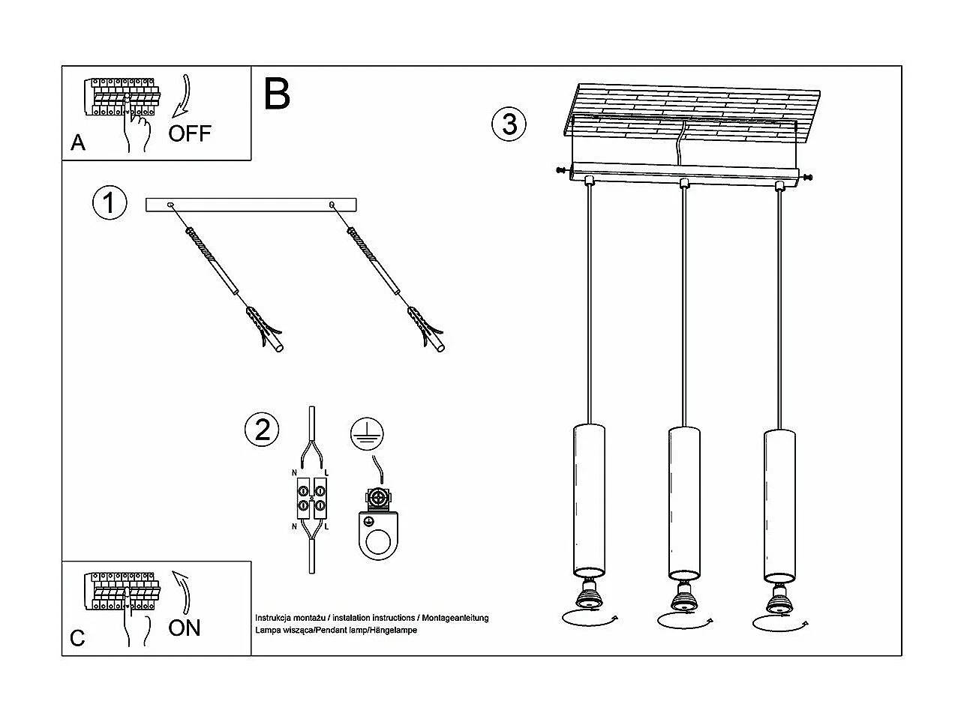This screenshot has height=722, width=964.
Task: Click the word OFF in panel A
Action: coord(190,133)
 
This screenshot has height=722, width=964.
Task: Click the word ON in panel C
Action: coord(185,627)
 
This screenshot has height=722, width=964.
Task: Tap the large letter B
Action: coord(277,94)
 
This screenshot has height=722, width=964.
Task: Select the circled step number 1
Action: coord(110,203)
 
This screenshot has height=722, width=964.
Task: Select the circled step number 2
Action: coord(262,430)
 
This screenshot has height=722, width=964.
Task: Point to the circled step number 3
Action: coord(509,124)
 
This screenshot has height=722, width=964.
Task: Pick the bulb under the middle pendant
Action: coord(683,597)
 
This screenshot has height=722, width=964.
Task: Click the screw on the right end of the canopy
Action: coord(807,177)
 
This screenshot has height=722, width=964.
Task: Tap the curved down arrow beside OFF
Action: coord(182,95)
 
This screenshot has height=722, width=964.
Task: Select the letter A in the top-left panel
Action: coord(78,142)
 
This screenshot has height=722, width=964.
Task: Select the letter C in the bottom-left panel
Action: coord(77,638)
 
